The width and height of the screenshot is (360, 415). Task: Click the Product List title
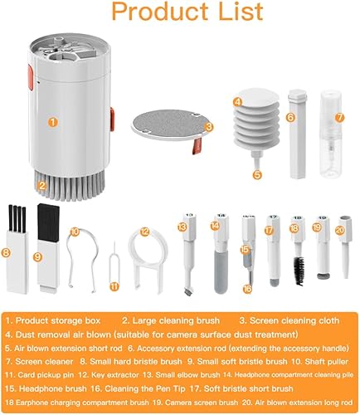[179, 14]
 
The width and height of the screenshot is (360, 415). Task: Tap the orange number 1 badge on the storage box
[52, 121]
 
